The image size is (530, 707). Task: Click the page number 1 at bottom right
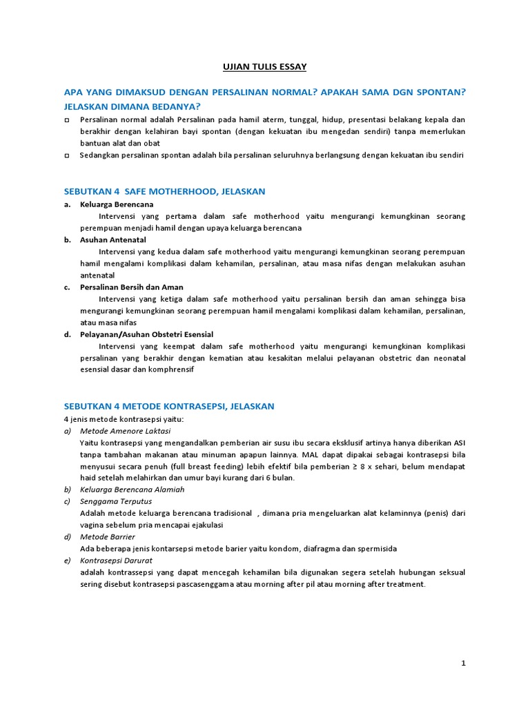(464, 663)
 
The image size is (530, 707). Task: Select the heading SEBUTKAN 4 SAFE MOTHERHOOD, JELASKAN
(164, 191)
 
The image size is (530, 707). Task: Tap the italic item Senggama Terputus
(116, 501)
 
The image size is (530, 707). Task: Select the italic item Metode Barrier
(108, 536)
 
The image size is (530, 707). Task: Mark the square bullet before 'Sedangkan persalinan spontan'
(67, 156)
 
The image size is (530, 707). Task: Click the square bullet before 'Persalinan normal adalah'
(67, 120)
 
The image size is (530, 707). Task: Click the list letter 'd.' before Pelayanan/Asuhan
(67, 334)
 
